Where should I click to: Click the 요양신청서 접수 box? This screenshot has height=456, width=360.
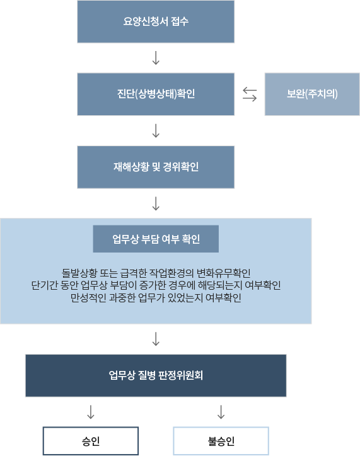tap(156, 21)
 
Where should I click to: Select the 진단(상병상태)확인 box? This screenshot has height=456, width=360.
tap(156, 94)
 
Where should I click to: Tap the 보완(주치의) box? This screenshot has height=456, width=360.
tap(312, 94)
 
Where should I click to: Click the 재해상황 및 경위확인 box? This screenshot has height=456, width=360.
tap(156, 167)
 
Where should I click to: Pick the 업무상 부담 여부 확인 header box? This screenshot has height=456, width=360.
tap(156, 239)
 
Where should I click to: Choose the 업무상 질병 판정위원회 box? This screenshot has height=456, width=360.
tap(156, 375)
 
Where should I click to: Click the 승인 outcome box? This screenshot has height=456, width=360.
tap(91, 441)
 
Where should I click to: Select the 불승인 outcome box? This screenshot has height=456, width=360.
tap(221, 441)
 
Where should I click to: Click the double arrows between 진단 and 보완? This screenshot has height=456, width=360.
tap(250, 94)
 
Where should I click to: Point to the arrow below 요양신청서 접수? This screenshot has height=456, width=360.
tap(156, 58)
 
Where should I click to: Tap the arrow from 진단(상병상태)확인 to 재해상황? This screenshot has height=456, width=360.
tap(156, 130)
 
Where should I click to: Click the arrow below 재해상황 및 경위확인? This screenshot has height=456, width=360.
tap(156, 203)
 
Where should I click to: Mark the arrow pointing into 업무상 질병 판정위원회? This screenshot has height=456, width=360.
tap(156, 339)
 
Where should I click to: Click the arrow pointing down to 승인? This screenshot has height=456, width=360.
tap(91, 412)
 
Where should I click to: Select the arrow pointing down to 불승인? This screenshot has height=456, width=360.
tap(221, 412)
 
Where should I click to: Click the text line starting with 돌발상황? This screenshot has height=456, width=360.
tap(156, 273)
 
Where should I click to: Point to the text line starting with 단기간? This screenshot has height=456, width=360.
tap(156, 285)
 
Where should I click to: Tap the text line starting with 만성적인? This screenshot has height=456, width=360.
tap(156, 297)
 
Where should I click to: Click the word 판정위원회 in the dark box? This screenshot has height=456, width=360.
tap(180, 375)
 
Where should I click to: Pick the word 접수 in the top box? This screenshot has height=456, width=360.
tap(180, 21)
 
